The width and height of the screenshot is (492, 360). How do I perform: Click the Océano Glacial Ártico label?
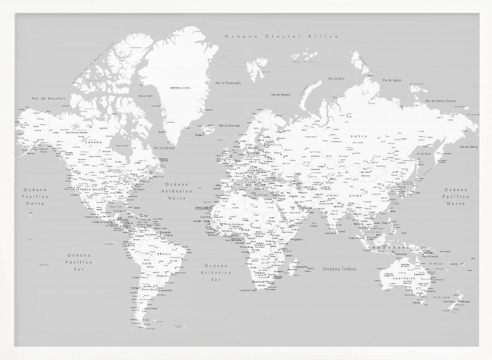(280, 36)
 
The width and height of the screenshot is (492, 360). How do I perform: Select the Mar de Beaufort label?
(42, 98)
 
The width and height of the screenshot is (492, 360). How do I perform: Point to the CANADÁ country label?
(93, 143)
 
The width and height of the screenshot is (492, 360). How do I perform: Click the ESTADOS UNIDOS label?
(91, 189)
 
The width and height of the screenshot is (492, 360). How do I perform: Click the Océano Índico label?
(339, 269)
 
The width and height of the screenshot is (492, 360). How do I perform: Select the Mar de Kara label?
(337, 78)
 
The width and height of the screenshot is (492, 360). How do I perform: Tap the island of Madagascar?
(293, 267)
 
